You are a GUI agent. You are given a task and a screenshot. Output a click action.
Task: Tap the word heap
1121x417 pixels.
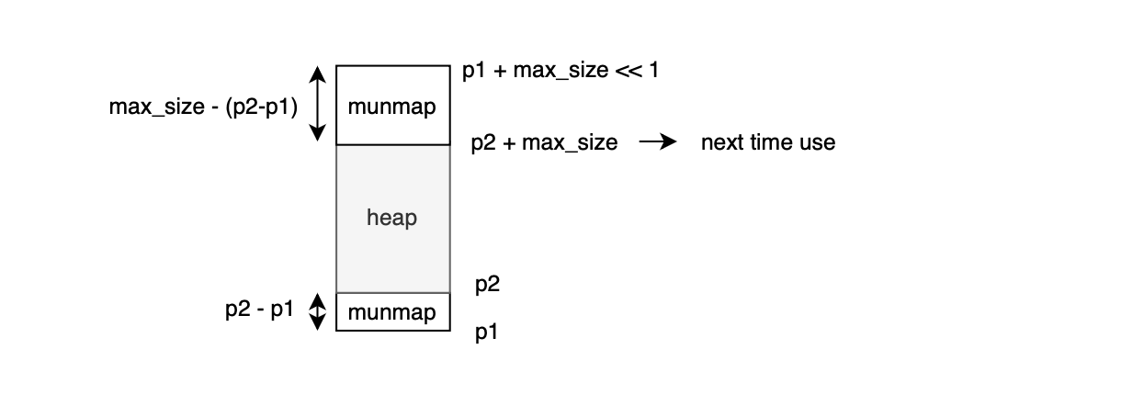392,219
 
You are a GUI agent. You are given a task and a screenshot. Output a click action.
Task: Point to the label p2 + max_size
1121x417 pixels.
544,143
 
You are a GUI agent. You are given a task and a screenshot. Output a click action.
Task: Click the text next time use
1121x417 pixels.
768,143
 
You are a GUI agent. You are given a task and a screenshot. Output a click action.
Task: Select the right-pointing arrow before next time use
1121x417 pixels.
658,143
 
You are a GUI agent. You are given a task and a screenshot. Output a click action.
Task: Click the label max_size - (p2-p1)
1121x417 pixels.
203,107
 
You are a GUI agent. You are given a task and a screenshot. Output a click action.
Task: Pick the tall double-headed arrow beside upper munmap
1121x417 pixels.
316,103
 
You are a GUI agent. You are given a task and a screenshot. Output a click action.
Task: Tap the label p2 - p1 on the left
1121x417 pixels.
259,310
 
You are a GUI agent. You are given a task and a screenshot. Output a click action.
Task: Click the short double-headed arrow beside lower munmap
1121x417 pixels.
316,311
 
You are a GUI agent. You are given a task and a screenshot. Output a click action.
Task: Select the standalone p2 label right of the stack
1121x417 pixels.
488,286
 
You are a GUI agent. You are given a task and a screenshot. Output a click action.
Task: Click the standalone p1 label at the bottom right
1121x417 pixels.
487,332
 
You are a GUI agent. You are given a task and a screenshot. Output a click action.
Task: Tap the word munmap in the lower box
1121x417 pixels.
392,312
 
